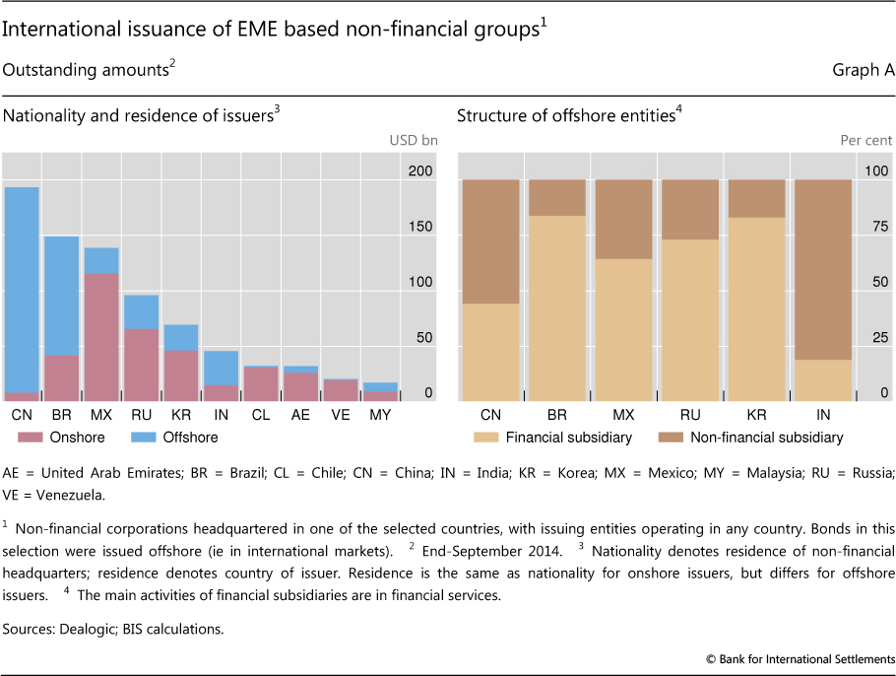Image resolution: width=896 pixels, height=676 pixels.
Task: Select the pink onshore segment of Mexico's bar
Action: click(101, 336)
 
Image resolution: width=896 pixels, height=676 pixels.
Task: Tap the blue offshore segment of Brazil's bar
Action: click(61, 296)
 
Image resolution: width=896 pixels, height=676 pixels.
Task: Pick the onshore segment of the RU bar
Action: click(141, 364)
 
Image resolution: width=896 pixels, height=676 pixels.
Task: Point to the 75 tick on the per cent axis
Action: click(876, 227)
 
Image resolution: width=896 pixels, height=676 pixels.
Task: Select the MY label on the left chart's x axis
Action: click(379, 416)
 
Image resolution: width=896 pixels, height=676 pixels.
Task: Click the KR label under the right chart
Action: click(756, 416)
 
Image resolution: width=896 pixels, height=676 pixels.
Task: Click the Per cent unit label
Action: click(865, 140)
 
